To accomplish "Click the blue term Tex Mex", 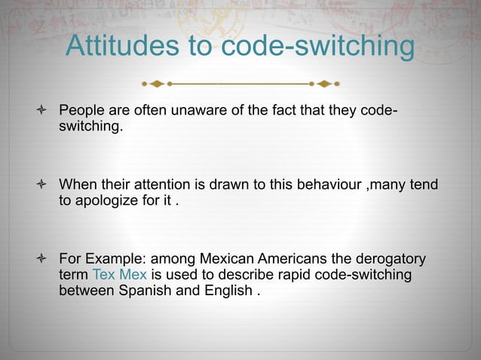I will pos(119,274).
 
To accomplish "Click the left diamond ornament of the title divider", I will pos(155,82).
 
